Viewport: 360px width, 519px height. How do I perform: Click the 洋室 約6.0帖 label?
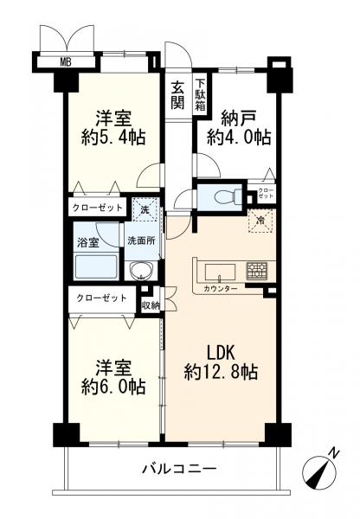(x=114, y=375)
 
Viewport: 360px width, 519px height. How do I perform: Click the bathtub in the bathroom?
(x=97, y=266)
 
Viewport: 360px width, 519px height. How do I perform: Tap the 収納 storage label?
(x=150, y=304)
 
